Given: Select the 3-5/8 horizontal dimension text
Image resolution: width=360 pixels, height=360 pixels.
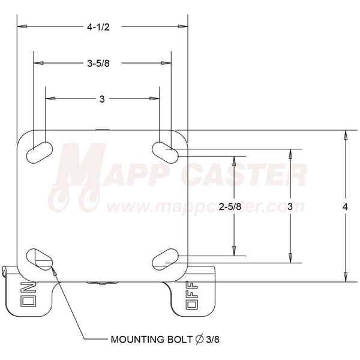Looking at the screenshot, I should (98, 63).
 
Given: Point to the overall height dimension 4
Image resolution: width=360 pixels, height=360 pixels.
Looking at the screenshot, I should (344, 206).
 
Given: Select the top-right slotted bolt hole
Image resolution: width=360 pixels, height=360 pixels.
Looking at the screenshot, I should (163, 150).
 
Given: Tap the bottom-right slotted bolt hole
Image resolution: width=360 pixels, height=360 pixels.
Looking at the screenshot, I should (164, 259).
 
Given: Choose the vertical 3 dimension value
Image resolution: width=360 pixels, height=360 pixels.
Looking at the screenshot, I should (290, 206).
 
